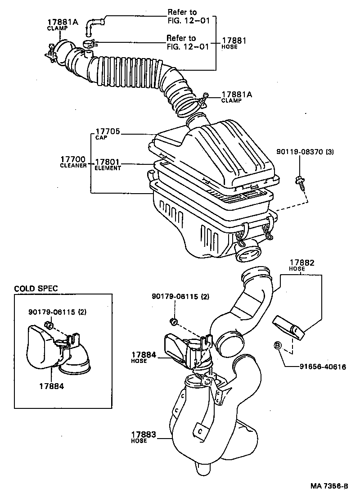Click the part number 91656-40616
click(x=323, y=367)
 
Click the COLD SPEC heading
click(x=36, y=289)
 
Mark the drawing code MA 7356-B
click(x=329, y=486)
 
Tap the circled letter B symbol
click(x=278, y=346)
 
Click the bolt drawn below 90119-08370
click(x=299, y=181)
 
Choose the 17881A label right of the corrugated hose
click(x=237, y=95)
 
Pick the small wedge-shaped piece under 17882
click(x=290, y=327)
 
